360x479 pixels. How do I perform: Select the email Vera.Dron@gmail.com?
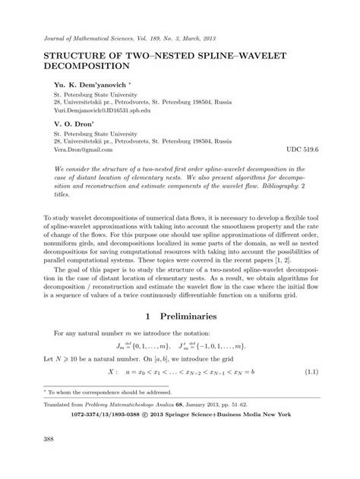[x=87, y=150]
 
